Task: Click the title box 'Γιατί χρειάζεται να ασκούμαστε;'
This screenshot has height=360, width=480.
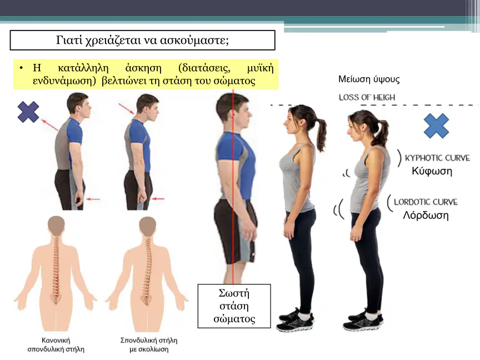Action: click(x=143, y=40)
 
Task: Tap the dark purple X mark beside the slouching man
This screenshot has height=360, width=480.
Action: click(x=28, y=112)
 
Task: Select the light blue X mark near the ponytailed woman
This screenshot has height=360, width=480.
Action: click(x=436, y=126)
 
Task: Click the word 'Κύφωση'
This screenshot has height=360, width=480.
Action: click(x=432, y=171)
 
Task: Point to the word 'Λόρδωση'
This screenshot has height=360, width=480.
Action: click(x=426, y=215)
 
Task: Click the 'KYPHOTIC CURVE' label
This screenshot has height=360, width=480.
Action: click(x=437, y=158)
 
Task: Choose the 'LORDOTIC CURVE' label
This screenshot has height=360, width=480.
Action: click(x=426, y=202)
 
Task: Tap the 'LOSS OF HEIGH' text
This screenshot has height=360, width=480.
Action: click(x=367, y=97)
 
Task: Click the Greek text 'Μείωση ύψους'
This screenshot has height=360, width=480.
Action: click(x=369, y=79)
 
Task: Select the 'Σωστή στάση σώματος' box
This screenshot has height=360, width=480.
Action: click(x=234, y=306)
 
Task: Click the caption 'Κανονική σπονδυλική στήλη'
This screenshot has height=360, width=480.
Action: click(x=56, y=344)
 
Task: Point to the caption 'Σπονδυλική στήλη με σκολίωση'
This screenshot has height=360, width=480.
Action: click(x=149, y=344)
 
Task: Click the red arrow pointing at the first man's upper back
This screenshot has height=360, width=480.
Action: click(x=49, y=125)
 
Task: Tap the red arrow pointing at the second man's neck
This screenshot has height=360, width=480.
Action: click(x=127, y=109)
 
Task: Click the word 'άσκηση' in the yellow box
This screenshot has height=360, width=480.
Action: click(x=143, y=68)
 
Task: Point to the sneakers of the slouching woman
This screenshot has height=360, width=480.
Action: click(x=363, y=320)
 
